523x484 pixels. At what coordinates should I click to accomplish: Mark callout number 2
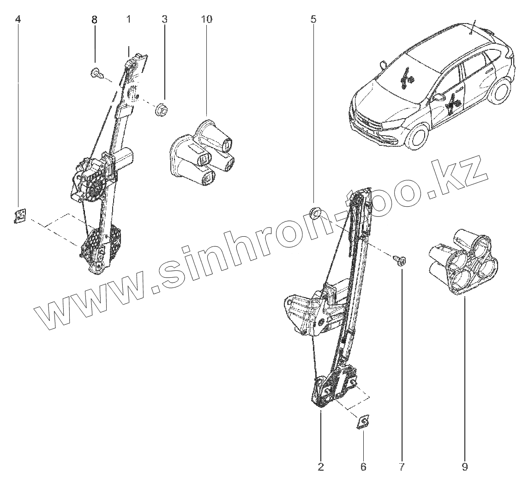tap(321, 467)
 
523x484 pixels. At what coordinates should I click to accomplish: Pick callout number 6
tap(363, 467)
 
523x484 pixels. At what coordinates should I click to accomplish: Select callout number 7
tap(401, 467)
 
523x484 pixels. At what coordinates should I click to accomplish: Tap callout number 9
tap(465, 467)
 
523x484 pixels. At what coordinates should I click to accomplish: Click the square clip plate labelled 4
tap(19, 215)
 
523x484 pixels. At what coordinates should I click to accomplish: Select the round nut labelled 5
tap(315, 212)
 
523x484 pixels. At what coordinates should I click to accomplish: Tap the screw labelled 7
tap(399, 260)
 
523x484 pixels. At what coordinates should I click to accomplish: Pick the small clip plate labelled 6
tap(363, 421)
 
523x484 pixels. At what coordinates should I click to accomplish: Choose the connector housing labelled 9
tap(464, 262)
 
